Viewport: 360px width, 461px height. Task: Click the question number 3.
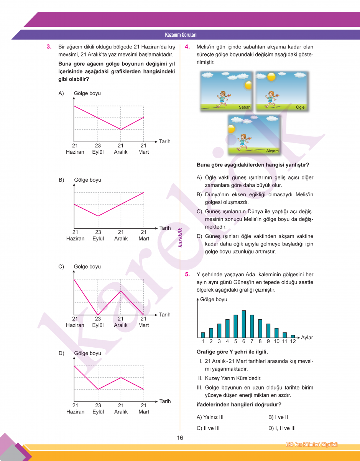pos(49,47)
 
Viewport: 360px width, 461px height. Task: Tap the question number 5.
pos(187,274)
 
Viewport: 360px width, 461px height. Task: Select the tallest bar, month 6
pos(243,323)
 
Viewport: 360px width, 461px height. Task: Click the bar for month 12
pos(293,336)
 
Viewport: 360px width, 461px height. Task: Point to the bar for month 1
pos(203,335)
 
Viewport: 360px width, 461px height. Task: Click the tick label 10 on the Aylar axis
pos(276,342)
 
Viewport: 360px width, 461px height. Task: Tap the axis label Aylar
pos(307,338)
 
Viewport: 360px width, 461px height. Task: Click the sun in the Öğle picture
pos(271,77)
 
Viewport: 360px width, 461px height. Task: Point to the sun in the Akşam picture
pos(231,129)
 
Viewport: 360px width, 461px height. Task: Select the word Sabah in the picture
pos(244,107)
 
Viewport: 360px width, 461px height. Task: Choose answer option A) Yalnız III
pos(210,417)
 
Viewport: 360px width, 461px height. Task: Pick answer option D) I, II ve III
pos(282,428)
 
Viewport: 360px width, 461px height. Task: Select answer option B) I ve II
pos(278,417)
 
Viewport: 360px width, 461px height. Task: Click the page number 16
pos(180,438)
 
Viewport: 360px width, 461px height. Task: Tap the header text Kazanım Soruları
pos(181,35)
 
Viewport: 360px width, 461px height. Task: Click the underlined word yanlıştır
pos(296,165)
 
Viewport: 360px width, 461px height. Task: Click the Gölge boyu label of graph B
pos(87,180)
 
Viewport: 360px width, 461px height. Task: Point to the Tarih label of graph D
pos(165,401)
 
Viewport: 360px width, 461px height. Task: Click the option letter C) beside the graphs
pos(61,266)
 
